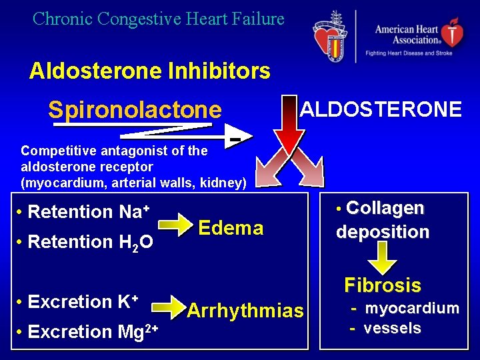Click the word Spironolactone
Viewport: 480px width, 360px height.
134,109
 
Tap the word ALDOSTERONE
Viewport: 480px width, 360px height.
381,109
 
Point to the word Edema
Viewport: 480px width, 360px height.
231,228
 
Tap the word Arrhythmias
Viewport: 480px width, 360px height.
245,311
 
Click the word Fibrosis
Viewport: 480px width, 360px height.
383,285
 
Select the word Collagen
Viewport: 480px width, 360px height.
385,208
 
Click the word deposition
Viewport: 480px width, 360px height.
383,232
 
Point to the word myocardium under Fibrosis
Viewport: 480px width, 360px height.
412,308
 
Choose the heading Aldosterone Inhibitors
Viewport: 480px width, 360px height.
149,71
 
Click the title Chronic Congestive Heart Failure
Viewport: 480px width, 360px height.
159,19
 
